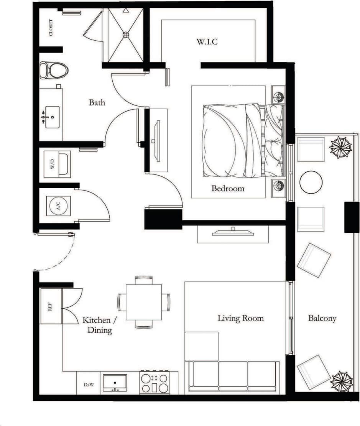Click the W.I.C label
coord(207,42)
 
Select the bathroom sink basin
coord(51,117)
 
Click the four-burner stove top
coord(155,382)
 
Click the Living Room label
coord(240,318)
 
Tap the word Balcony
coord(322,318)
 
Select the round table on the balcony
coord(311,182)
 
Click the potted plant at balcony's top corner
coord(340,147)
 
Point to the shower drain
coord(126,35)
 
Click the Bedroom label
coord(228,189)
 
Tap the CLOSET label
coord(51,27)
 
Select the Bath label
coord(97,102)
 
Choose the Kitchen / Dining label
coord(97,325)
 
